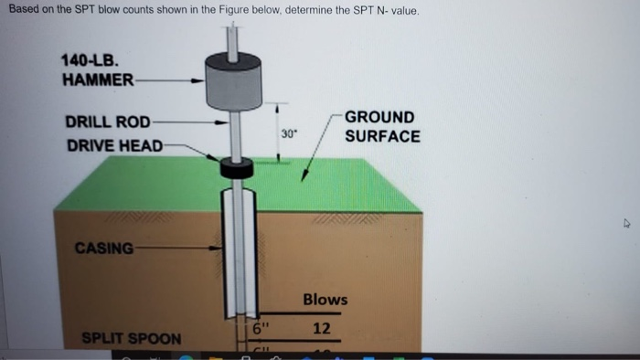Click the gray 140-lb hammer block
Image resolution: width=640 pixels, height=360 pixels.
coord(236,79)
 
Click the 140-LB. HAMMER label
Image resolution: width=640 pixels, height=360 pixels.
coord(95,69)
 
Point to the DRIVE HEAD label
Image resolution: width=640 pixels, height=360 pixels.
coord(114,145)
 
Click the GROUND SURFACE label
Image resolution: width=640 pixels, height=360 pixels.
coord(381,127)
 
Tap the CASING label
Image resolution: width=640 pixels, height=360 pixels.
coord(103,248)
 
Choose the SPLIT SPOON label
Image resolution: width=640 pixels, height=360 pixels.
coord(132,338)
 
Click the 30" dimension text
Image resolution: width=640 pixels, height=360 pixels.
coord(289,133)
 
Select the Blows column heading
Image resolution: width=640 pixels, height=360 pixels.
coord(325,300)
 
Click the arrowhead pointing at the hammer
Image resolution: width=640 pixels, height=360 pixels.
coord(197,80)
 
